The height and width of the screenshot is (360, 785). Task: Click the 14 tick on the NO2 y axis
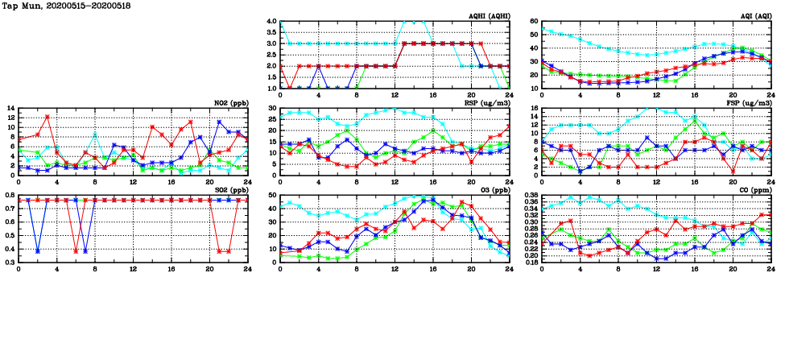[x=10, y=108]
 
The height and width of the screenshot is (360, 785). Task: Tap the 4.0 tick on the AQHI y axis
[x=271, y=21]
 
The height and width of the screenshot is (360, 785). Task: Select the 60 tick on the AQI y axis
[x=533, y=21]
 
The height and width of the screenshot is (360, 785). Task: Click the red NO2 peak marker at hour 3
[x=48, y=117]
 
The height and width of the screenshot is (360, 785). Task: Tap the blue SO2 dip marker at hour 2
[x=38, y=251]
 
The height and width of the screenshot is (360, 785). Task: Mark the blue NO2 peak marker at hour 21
[x=219, y=122]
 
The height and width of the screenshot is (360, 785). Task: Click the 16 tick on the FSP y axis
[x=533, y=108]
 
